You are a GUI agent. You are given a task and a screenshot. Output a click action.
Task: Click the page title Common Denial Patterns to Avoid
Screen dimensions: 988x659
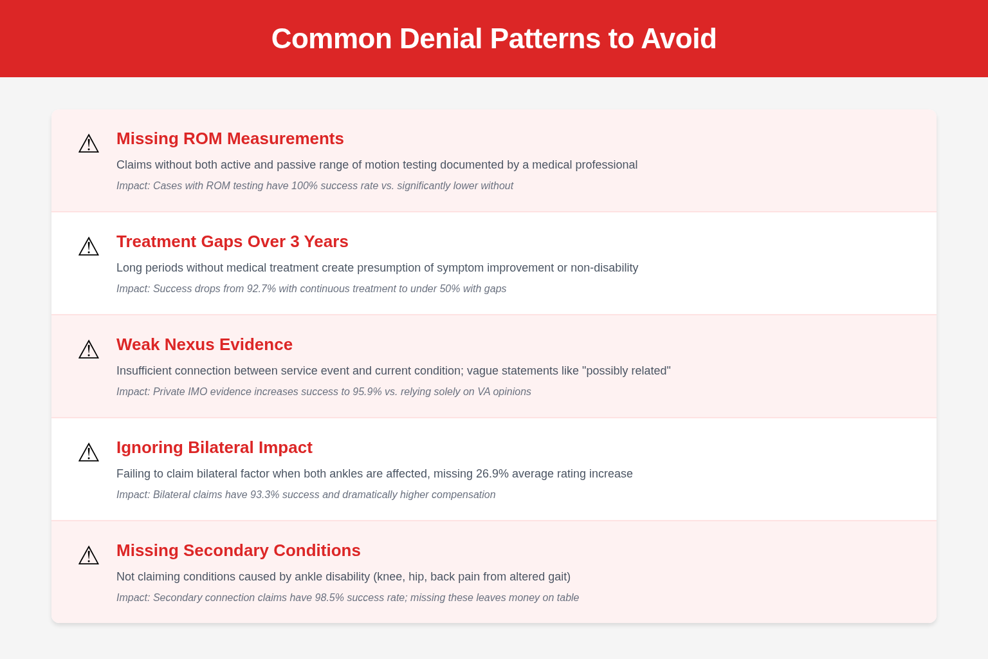tap(493, 39)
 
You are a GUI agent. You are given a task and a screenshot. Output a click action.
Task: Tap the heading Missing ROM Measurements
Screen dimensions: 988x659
tap(230, 138)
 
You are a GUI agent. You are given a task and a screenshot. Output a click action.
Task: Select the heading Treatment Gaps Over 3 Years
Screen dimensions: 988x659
tap(232, 241)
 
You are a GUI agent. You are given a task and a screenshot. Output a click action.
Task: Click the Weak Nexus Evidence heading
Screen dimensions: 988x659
tap(204, 344)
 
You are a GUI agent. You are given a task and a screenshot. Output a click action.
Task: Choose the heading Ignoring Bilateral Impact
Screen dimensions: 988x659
tap(214, 447)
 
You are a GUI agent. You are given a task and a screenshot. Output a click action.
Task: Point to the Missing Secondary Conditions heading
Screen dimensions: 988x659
tap(238, 550)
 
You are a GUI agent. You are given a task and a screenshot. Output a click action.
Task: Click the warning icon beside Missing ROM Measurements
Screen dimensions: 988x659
tap(89, 144)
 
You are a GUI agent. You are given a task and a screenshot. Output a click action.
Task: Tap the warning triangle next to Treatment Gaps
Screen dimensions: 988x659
tap(89, 246)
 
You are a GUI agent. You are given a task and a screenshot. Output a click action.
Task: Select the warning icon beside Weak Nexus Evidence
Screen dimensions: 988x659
tap(89, 349)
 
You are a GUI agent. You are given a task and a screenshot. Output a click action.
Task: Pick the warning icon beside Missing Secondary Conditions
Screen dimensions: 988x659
tap(89, 556)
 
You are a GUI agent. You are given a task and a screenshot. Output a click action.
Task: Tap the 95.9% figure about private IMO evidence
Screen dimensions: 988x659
tap(367, 391)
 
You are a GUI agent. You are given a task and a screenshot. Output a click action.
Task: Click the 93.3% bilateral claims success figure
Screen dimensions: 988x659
tap(264, 494)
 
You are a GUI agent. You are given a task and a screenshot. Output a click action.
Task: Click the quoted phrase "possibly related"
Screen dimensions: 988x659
tap(627, 371)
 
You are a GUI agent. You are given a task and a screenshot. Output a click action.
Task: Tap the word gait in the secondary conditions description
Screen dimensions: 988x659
tap(558, 577)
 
